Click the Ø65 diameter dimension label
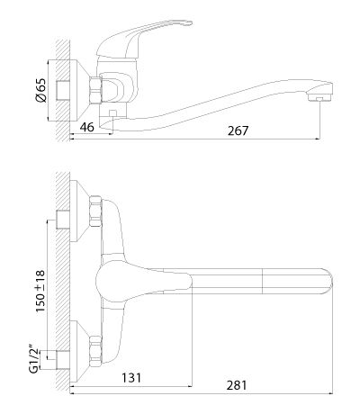(x=41, y=90)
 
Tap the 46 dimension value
(x=87, y=127)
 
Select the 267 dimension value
(x=238, y=130)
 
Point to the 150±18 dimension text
(x=40, y=292)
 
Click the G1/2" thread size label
(x=35, y=361)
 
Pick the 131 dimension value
(x=131, y=378)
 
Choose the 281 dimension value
(x=237, y=385)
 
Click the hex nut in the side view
(x=95, y=90)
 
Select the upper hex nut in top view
(x=95, y=211)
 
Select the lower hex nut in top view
(x=95, y=351)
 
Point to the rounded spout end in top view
(x=328, y=282)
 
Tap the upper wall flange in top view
(x=79, y=211)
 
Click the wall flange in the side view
(x=79, y=90)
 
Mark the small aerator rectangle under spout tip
(x=319, y=99)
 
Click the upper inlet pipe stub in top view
(x=63, y=220)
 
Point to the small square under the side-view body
(x=112, y=114)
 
